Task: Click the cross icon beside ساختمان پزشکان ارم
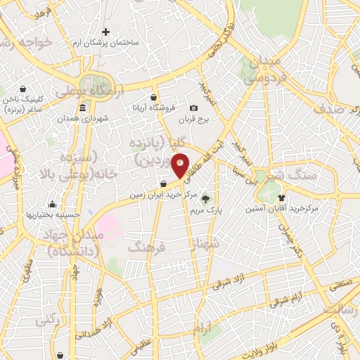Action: [105, 32]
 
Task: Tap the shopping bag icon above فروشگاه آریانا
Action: [154, 98]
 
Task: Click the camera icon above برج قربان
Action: [193, 108]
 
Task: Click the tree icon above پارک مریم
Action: [206, 198]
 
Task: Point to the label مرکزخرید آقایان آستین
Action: [282, 209]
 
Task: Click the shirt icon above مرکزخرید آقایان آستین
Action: [281, 198]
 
